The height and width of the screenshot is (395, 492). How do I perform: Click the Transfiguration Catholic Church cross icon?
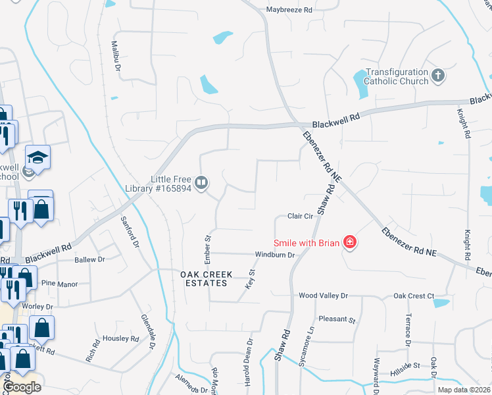click(438, 76)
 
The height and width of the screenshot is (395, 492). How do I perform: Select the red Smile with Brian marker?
click(350, 243)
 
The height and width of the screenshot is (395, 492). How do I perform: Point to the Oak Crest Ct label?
click(412, 296)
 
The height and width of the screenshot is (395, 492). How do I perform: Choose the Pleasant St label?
click(337, 319)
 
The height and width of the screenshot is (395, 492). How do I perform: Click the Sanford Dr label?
click(130, 231)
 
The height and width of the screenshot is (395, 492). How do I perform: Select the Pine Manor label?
click(59, 284)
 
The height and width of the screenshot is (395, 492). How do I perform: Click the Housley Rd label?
click(122, 339)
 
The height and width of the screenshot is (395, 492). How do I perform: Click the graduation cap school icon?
click(37, 157)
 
